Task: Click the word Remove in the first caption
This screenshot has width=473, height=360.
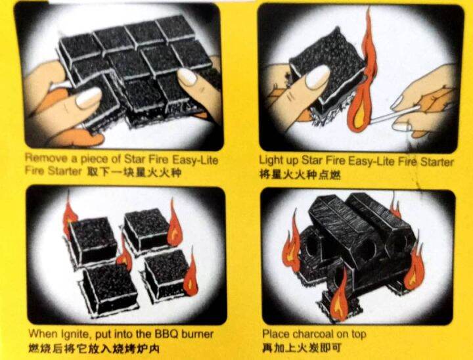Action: point(44,158)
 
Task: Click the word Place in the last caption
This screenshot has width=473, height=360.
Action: point(275,334)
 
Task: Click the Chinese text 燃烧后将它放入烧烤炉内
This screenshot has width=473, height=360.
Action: point(93,348)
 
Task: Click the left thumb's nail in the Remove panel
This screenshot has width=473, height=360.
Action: point(88,99)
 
